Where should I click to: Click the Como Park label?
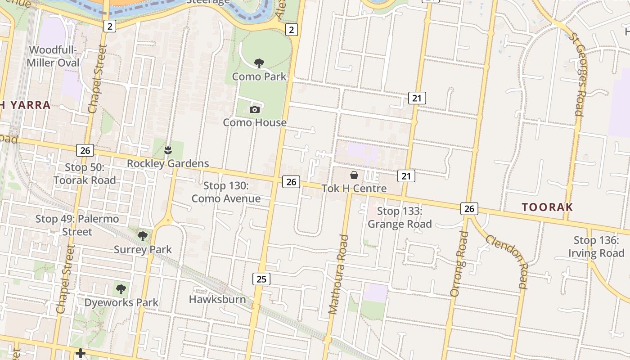click(259, 76)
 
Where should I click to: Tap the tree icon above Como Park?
click(259, 63)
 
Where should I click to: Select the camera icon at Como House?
click(255, 109)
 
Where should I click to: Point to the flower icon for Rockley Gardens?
click(168, 150)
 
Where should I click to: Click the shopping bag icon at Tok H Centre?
click(354, 175)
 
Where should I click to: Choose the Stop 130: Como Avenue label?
click(226, 192)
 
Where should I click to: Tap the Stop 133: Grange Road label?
click(400, 217)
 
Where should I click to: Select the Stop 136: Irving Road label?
click(596, 247)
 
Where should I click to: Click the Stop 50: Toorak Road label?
click(85, 174)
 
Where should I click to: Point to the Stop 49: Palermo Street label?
click(77, 225)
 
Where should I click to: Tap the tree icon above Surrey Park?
click(143, 236)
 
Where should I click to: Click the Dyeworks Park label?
click(121, 302)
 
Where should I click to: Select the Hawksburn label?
click(217, 299)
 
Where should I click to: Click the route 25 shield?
click(261, 279)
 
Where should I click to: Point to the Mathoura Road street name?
click(338, 274)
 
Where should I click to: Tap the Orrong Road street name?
click(459, 264)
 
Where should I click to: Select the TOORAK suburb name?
click(547, 207)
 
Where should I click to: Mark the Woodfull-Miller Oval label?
click(53, 56)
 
